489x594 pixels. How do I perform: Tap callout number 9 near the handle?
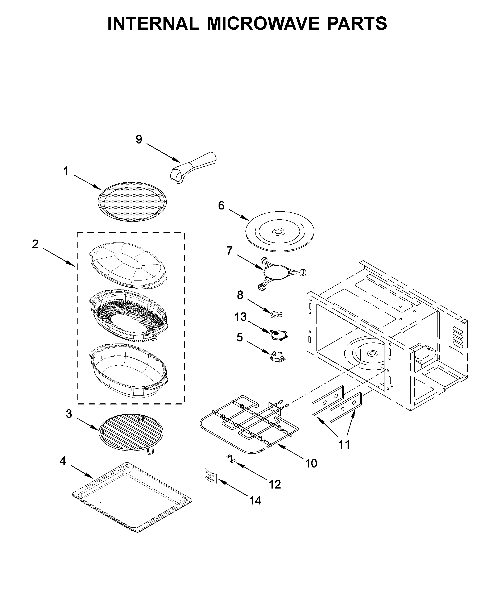tap(139, 140)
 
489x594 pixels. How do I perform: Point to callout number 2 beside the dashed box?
tap(35, 244)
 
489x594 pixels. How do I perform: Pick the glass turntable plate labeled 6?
tap(280, 231)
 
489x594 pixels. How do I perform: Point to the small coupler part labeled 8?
tap(276, 314)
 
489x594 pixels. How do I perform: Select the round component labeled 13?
tap(278, 335)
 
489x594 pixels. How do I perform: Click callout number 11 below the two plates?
tap(344, 444)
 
